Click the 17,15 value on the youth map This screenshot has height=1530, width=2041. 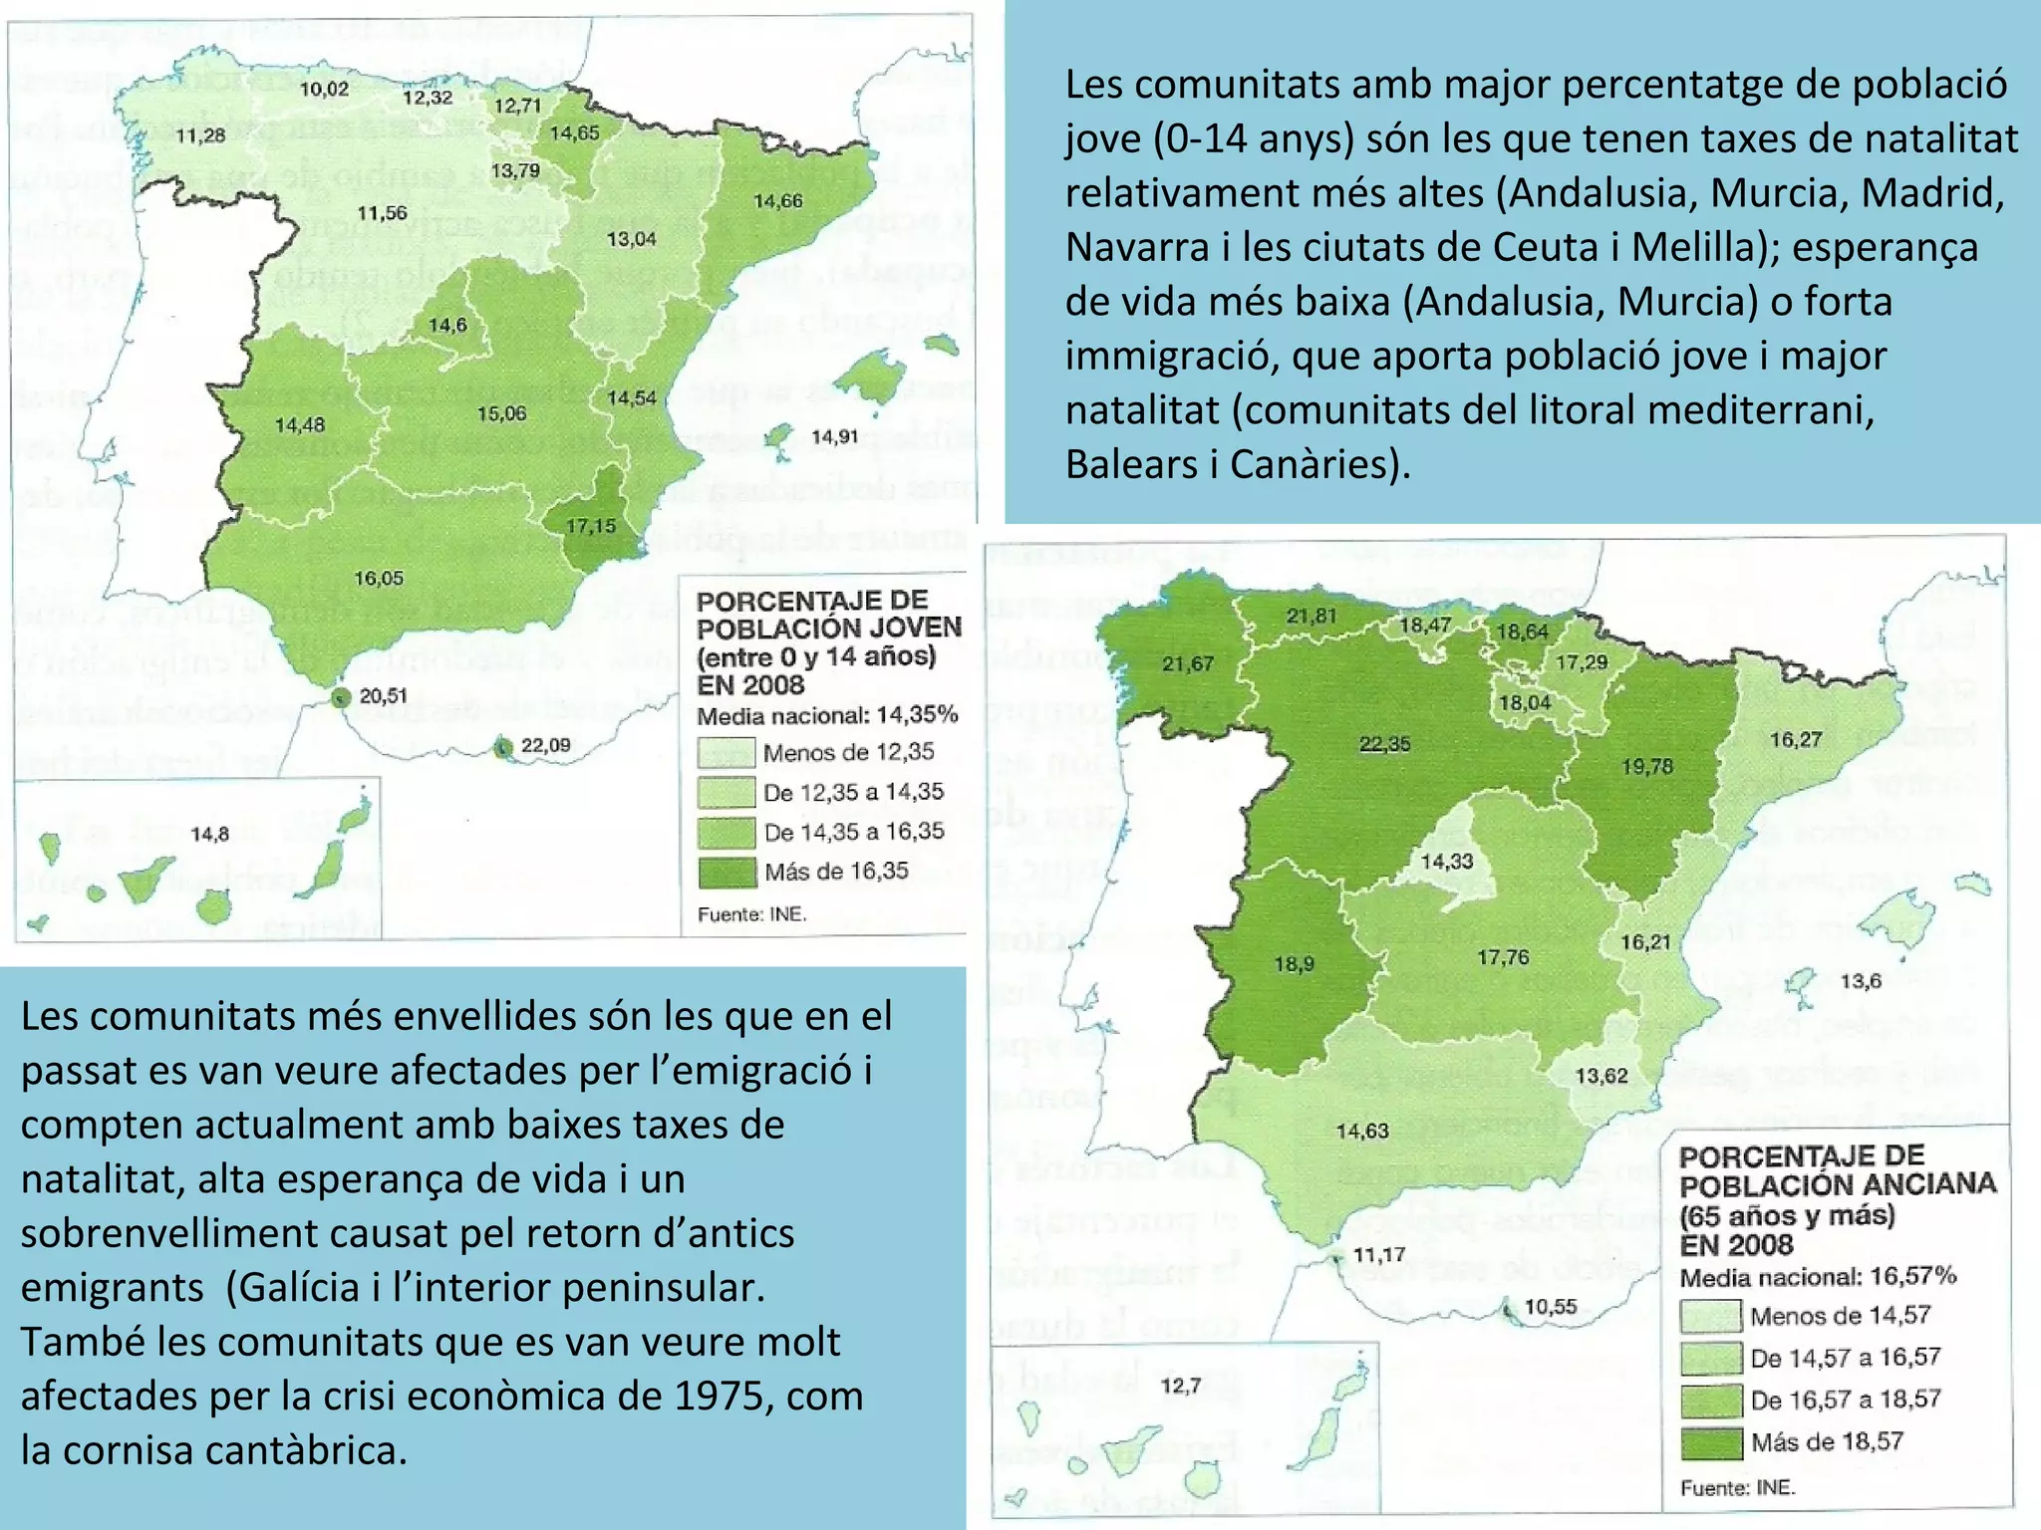pyautogui.click(x=591, y=526)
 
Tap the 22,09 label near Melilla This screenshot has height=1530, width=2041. pyautogui.click(x=546, y=745)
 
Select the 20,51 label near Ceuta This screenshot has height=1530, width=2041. pyautogui.click(x=384, y=696)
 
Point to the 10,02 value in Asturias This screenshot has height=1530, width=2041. pyautogui.click(x=325, y=90)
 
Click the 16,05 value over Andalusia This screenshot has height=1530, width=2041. pyautogui.click(x=379, y=579)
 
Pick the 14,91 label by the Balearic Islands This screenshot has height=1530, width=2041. pyautogui.click(x=834, y=436)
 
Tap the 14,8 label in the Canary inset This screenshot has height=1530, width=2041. pyautogui.click(x=209, y=835)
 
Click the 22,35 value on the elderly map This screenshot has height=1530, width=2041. pyautogui.click(x=1385, y=744)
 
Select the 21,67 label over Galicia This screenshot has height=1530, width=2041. pyautogui.click(x=1188, y=664)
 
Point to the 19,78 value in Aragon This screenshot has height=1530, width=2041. pyautogui.click(x=1647, y=767)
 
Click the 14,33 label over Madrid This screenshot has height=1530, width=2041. pyautogui.click(x=1446, y=862)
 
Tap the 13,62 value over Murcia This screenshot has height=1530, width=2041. pyautogui.click(x=1603, y=1076)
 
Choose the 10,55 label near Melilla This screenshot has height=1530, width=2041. pyautogui.click(x=1551, y=1307)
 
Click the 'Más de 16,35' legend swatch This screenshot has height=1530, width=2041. pyautogui.click(x=727, y=873)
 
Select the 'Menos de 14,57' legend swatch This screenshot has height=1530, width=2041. pyautogui.click(x=1710, y=1317)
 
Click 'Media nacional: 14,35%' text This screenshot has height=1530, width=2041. pyautogui.click(x=827, y=715)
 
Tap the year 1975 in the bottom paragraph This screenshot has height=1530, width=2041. pyautogui.click(x=724, y=1396)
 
